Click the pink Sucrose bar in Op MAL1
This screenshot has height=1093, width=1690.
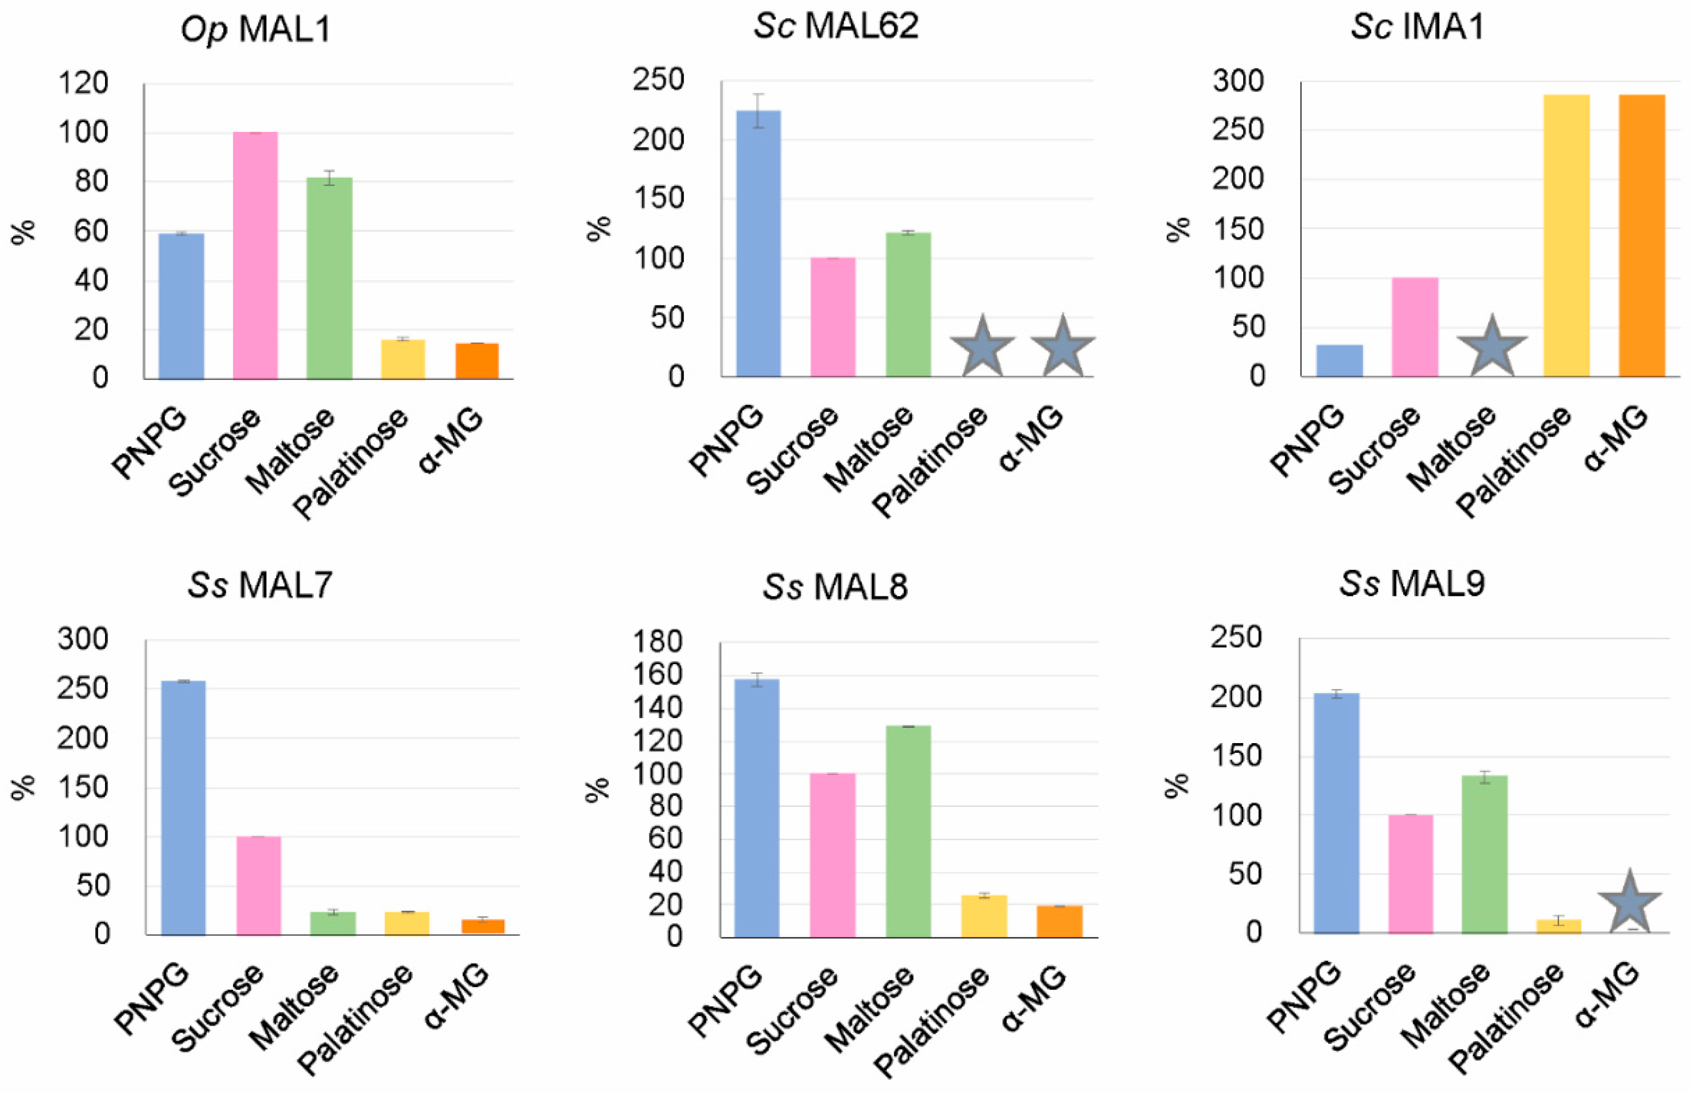tap(255, 256)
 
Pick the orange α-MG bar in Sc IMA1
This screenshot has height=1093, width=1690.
tap(1641, 236)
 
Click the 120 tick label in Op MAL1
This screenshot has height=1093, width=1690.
tap(83, 83)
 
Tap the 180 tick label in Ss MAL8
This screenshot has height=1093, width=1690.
tap(657, 642)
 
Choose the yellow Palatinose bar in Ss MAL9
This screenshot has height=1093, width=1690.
tap(1558, 926)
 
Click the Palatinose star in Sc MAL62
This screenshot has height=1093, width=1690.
tap(982, 348)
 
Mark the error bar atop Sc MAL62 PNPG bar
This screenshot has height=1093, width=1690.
tap(758, 111)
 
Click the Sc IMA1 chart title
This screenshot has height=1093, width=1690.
tap(1417, 27)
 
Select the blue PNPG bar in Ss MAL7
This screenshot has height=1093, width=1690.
tap(183, 808)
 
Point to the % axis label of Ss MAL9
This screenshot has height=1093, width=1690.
tap(1176, 785)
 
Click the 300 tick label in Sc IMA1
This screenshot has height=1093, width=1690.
tap(1238, 81)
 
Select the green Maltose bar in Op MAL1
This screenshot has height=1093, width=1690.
tap(329, 278)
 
